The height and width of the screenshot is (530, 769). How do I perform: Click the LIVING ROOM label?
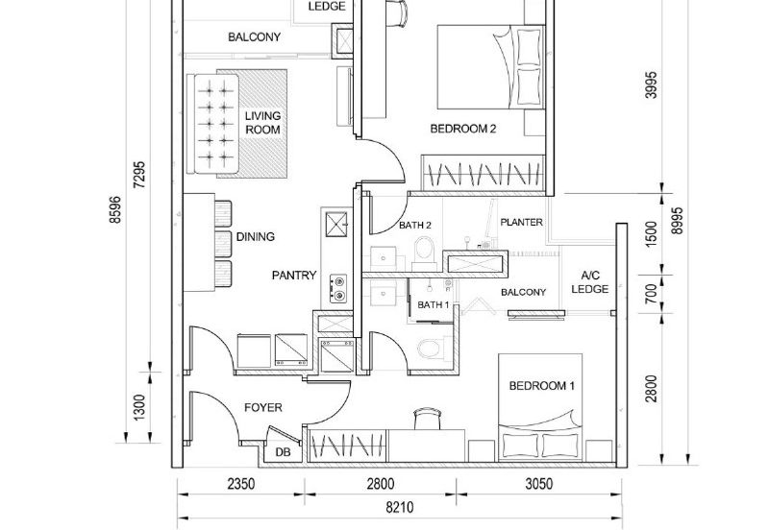coord(262,123)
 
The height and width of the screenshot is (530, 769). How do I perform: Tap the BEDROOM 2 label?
coord(463,129)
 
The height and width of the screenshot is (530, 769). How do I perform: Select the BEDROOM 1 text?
coord(541,386)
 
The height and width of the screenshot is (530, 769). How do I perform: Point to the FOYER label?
coord(263,407)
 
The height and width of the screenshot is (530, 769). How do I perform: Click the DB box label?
coord(283,452)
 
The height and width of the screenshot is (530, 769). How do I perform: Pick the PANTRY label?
coord(294,276)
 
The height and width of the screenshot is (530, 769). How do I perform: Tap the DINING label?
coord(256,237)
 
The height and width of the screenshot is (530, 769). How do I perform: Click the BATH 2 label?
coord(415,226)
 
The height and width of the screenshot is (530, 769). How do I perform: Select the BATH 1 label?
coord(434,304)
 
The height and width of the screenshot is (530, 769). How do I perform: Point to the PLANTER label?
coord(521,223)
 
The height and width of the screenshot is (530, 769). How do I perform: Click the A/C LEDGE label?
coord(590,282)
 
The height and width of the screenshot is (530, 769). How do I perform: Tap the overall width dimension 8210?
coord(399,508)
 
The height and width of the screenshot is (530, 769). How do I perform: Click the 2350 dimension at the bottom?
coord(241,484)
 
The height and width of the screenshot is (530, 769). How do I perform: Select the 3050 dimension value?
coord(539,484)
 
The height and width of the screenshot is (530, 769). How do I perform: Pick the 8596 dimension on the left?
coord(115,210)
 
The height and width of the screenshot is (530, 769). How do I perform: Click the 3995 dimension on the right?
coord(651,85)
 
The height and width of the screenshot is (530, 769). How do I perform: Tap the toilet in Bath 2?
coord(424,253)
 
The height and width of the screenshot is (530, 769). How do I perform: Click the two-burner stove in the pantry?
coord(338,288)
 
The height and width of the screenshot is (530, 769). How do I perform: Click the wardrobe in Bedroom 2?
coord(484,173)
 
